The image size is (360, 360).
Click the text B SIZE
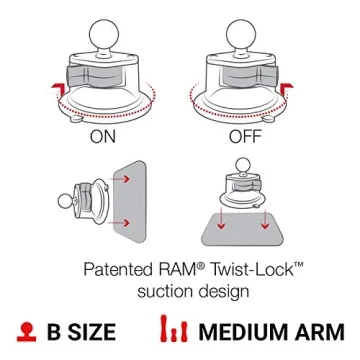tap(79, 333)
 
